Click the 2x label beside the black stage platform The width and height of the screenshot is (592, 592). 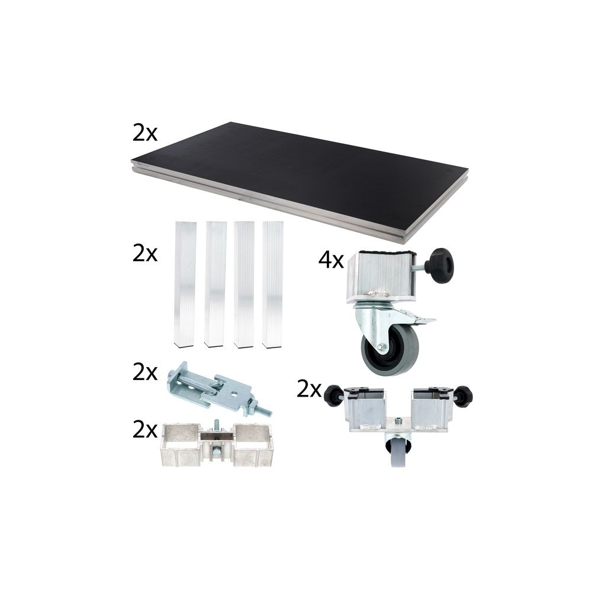click(x=145, y=134)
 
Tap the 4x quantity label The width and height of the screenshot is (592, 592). click(x=331, y=260)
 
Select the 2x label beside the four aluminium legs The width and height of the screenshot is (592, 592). click(x=145, y=254)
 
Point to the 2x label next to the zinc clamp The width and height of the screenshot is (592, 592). click(x=145, y=372)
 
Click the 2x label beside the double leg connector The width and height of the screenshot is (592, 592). click(x=145, y=430)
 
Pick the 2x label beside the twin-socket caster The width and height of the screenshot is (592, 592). click(x=309, y=390)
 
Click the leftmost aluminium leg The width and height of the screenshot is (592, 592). click(x=185, y=284)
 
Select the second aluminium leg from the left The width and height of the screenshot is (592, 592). click(x=215, y=284)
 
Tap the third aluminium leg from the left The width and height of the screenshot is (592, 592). click(x=244, y=284)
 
